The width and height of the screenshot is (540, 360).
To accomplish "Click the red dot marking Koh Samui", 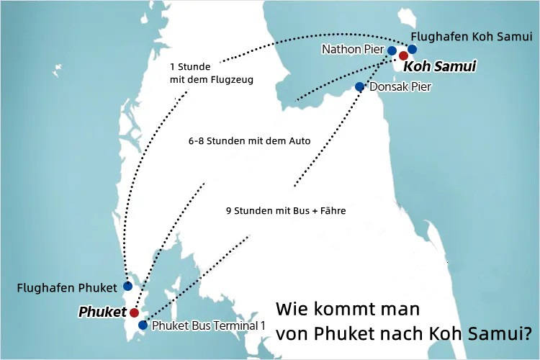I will click(x=403, y=55).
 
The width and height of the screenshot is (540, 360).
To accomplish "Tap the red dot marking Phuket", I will click(x=134, y=312).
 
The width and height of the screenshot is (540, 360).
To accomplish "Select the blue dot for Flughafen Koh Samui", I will click(x=412, y=49).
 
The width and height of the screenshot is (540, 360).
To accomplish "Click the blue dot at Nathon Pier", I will click(x=392, y=50).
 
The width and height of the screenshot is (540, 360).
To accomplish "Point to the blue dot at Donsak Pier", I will click(x=360, y=86).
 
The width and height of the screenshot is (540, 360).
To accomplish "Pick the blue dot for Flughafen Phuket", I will click(x=128, y=286).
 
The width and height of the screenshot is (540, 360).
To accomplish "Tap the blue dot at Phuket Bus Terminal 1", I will click(x=143, y=325).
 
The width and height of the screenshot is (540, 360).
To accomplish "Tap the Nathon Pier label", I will click(x=354, y=50).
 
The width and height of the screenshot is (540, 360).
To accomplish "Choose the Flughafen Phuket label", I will click(x=66, y=288).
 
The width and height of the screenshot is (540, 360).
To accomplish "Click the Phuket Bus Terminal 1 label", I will click(x=209, y=325).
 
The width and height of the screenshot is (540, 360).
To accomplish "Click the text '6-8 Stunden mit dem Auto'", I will click(x=248, y=141).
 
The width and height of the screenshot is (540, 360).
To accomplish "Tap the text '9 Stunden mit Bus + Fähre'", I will click(x=286, y=211).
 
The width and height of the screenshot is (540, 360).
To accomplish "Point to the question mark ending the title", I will click(x=527, y=334).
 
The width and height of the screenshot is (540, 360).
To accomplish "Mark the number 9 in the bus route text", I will click(x=228, y=211).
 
